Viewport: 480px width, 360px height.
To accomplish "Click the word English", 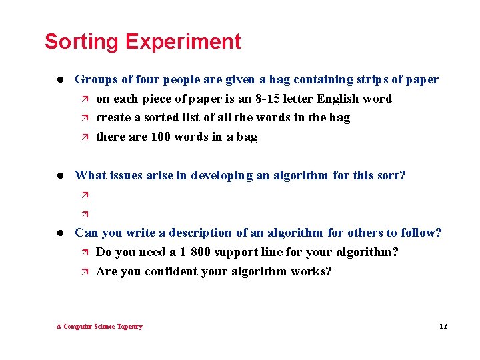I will (338, 99).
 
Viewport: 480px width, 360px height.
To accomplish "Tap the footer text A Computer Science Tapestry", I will (99, 327).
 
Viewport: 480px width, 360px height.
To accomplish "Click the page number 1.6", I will (443, 327).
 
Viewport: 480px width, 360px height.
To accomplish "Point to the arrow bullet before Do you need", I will (84, 253).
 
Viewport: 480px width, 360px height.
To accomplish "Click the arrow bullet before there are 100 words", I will (84, 137).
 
